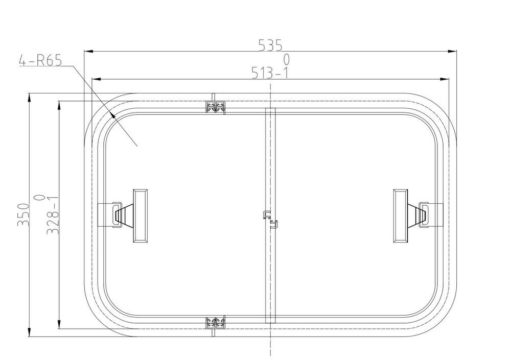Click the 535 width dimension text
270,45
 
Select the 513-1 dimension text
270,73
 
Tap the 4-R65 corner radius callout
40,60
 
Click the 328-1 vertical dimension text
53,215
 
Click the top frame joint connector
216,107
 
